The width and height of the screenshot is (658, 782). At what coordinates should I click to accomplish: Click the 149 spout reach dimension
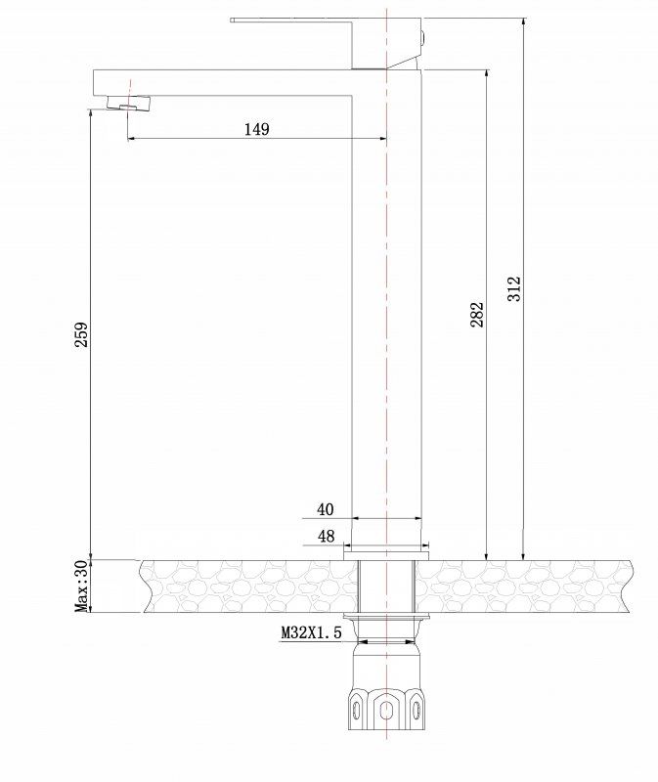[x=256, y=129]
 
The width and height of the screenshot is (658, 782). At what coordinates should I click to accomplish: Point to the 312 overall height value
[x=515, y=288]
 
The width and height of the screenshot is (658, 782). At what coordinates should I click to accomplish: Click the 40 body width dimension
[x=325, y=509]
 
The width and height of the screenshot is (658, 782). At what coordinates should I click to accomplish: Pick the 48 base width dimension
[x=325, y=537]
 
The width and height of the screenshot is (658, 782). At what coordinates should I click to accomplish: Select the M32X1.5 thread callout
[x=312, y=633]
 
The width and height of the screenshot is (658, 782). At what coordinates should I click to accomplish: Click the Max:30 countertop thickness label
[x=82, y=586]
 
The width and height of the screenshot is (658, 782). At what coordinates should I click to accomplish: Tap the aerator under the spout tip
[x=123, y=106]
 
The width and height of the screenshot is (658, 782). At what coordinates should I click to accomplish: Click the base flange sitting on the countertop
[x=386, y=554]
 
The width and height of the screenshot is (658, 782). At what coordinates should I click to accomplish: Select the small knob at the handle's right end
[x=422, y=40]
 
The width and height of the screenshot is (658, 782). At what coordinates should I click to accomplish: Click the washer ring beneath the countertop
[x=387, y=619]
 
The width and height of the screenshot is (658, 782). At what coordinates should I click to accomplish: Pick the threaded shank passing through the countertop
[x=387, y=586]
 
